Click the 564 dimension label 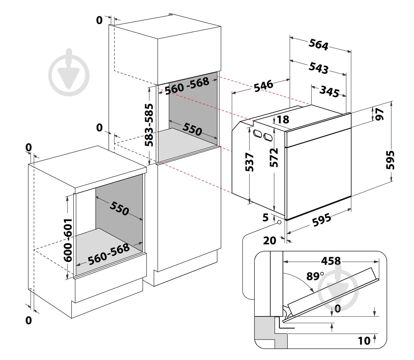[x=318, y=45]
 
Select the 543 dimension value [x=318, y=68]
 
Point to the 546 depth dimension [x=264, y=86]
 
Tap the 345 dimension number [x=329, y=91]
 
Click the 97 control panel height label [x=379, y=114]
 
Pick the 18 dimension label [x=283, y=120]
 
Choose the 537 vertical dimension [x=249, y=162]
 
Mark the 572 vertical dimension [x=274, y=158]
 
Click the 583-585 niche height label [x=149, y=125]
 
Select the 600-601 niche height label [x=68, y=240]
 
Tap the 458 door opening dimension [x=331, y=261]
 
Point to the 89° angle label [x=315, y=276]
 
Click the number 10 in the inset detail [x=364, y=341]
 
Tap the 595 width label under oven [x=322, y=220]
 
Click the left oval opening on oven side [x=257, y=133]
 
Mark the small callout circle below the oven [x=279, y=222]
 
